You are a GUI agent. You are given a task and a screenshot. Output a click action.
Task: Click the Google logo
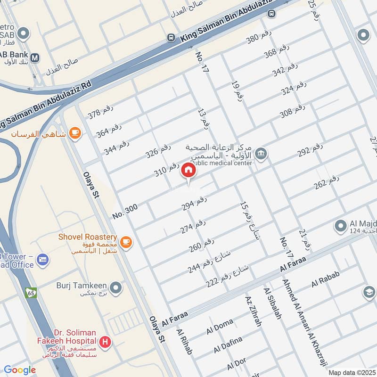point(20,370)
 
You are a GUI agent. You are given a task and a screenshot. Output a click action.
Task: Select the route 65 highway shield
point(31,292)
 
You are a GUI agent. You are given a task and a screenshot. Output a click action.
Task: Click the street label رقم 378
point(100,113)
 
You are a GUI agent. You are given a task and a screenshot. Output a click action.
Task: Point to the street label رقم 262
point(327,182)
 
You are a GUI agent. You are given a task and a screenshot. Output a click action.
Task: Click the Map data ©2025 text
point(351,372)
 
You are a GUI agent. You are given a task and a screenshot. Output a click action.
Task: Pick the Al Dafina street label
point(228,344)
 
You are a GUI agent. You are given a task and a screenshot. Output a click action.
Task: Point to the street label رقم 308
point(293,112)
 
